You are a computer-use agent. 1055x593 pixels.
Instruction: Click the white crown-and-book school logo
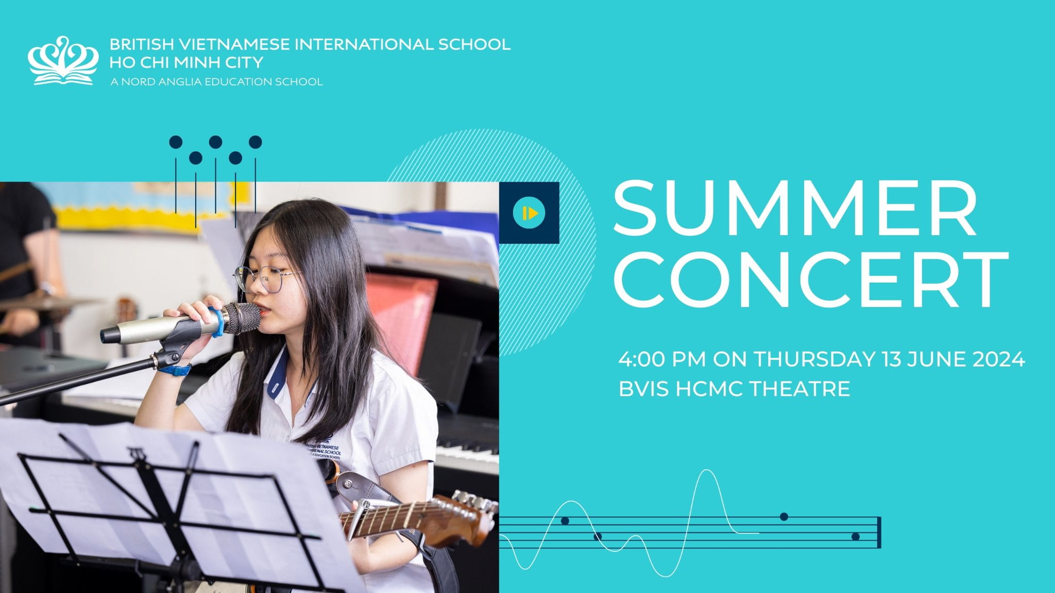pos(63,60)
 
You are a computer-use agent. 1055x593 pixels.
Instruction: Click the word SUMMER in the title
pos(795,209)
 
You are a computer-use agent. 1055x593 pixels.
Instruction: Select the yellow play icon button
pos(529,213)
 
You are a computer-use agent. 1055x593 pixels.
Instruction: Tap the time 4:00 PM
pos(662,359)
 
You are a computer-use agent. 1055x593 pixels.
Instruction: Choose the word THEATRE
pos(799,389)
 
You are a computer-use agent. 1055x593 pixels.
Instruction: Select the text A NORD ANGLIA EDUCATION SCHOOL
pos(216,82)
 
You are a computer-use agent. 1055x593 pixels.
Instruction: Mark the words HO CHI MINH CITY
pos(186,62)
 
